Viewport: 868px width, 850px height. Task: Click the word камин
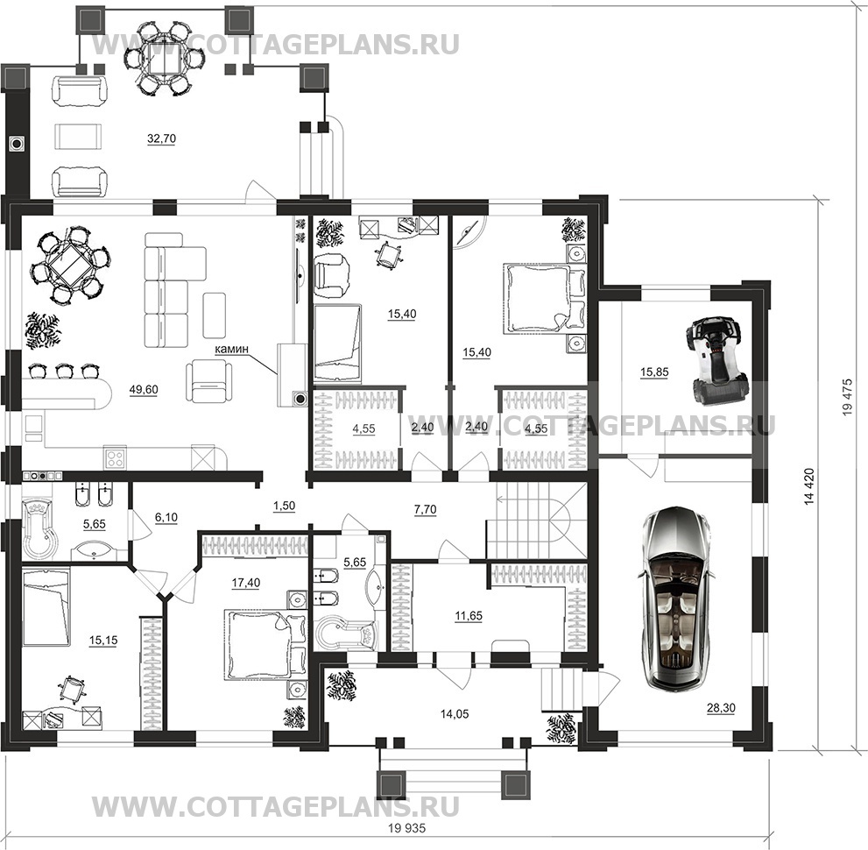[x=232, y=349]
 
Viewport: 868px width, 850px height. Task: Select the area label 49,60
[x=144, y=390]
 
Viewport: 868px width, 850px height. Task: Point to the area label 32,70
[x=161, y=138]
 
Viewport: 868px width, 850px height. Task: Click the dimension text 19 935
[x=406, y=828]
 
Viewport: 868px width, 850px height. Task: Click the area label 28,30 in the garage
[x=721, y=708]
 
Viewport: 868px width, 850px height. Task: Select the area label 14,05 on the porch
[x=455, y=714]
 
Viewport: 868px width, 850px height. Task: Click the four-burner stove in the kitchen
[x=115, y=458]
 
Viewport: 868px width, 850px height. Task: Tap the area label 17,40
[x=246, y=583]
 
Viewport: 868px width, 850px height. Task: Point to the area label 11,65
[x=469, y=616]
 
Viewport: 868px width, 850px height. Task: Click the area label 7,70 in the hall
[x=425, y=509]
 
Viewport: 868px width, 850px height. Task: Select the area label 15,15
[x=103, y=641]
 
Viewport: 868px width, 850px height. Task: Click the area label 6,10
[x=166, y=518]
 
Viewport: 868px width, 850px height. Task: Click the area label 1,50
[x=284, y=506]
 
